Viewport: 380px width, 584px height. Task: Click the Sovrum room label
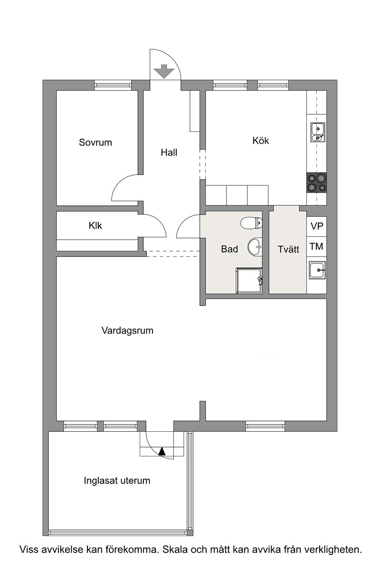95,142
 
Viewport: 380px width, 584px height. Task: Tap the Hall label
169,152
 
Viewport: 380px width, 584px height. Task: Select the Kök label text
260,140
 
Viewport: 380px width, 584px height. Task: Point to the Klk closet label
95,225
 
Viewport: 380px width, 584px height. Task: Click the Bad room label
229,249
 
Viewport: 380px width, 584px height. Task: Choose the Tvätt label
288,249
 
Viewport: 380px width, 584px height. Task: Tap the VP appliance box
316,226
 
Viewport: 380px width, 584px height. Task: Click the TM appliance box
316,246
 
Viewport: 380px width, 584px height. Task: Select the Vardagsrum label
127,331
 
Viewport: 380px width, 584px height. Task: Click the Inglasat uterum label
117,481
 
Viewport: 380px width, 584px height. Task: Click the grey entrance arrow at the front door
164,71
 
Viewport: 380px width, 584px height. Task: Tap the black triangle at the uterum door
162,451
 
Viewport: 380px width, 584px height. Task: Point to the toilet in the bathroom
251,223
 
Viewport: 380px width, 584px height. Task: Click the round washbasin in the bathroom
255,246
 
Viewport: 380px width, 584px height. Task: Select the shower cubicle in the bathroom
249,280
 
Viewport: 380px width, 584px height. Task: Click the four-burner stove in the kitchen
316,183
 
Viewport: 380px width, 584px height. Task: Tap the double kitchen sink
318,132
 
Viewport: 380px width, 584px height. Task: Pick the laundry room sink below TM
317,270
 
